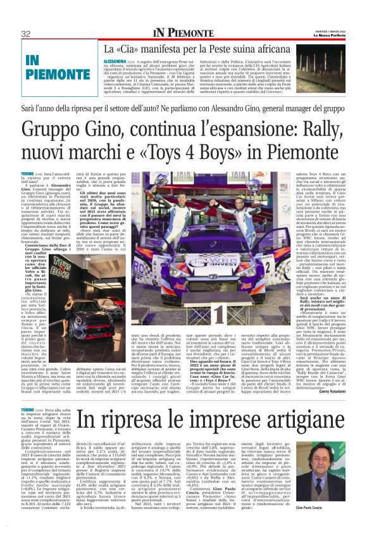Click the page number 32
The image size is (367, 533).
click(27, 34)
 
